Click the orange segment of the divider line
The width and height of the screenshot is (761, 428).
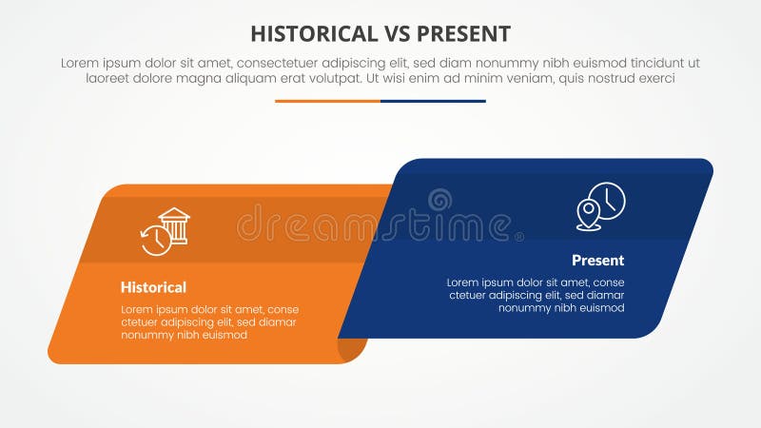[327, 101]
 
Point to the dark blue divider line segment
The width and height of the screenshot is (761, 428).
[433, 101]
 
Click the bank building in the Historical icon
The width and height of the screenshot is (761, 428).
[174, 225]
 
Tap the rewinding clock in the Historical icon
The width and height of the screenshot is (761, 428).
[155, 240]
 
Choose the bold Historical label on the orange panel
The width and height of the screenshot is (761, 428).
[153, 287]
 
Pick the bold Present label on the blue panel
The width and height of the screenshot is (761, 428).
[597, 260]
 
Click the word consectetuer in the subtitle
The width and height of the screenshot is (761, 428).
[284, 63]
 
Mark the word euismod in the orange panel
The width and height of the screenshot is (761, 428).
[224, 334]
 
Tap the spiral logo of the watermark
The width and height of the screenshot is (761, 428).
[439, 202]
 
